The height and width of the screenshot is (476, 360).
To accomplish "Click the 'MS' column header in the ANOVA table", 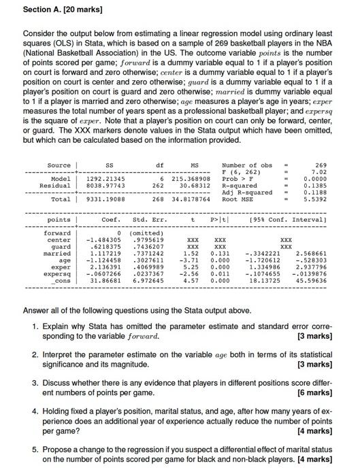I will point(194,165).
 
